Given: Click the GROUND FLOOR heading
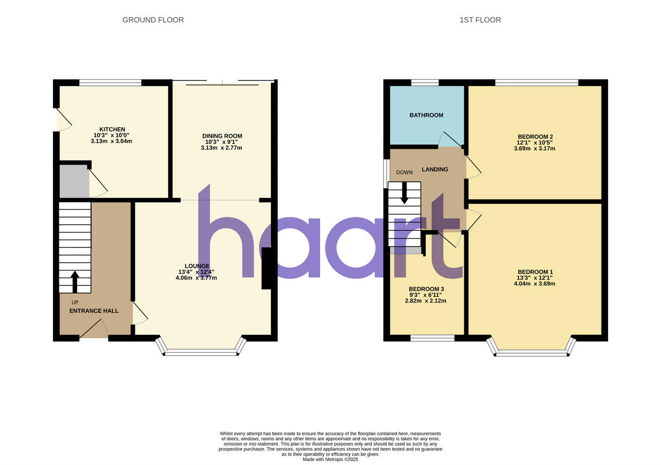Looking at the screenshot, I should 153,20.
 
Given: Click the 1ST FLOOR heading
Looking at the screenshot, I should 480,20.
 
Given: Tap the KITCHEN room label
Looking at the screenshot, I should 112,129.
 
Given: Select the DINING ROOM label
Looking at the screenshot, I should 222,136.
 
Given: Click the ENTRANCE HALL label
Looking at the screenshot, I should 94,311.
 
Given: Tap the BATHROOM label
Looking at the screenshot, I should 426,115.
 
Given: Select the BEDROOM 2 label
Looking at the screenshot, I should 535,137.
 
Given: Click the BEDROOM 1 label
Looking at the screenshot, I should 535,272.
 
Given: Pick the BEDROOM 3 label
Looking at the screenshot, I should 426,289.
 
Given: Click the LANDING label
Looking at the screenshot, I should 435,169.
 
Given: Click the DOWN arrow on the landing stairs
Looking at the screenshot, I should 405,193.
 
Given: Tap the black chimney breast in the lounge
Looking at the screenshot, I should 266,268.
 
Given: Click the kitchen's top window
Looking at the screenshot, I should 110,83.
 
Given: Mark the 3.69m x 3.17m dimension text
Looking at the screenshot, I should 535,148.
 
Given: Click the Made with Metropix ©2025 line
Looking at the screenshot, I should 330,459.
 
